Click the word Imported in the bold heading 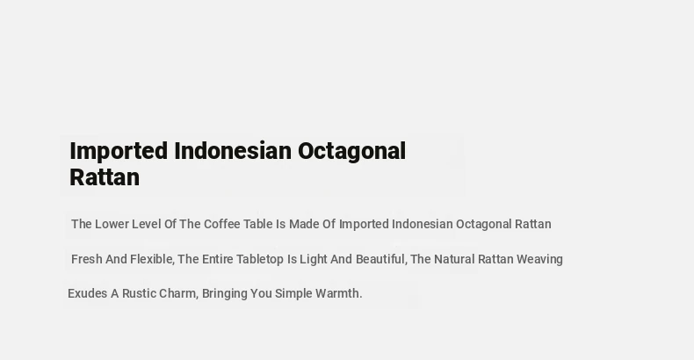119,152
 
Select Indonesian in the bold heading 233,151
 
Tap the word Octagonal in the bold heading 352,152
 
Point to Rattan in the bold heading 105,177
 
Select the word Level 147,224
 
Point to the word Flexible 152,259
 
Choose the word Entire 217,259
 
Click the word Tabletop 260,260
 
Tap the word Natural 454,259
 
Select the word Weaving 539,260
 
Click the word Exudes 87,293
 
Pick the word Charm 178,293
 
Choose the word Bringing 224,294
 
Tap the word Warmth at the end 338,293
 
